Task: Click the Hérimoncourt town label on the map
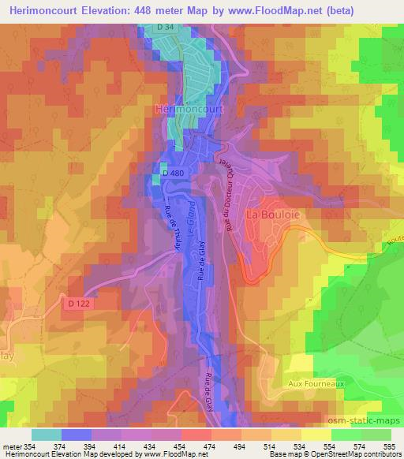[x=189, y=108]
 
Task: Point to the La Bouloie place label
[x=270, y=214]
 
